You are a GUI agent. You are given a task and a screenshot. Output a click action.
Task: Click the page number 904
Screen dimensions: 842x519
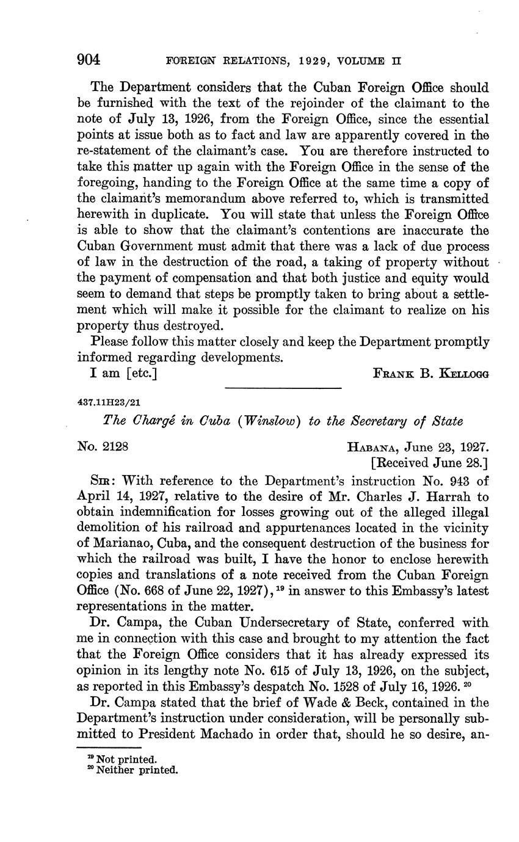(89, 60)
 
